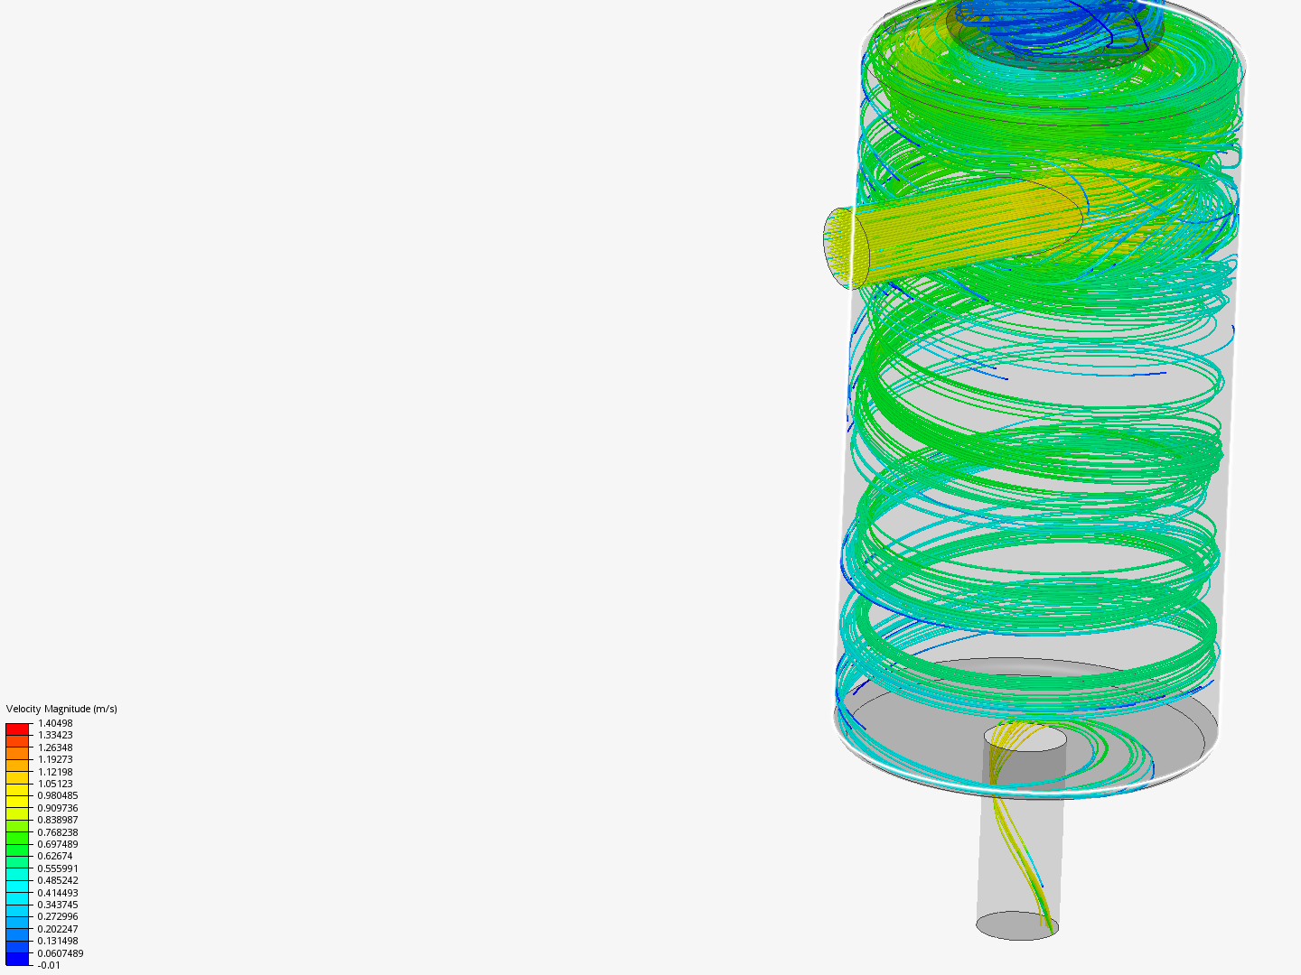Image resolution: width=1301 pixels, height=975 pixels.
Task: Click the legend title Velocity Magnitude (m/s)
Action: click(x=61, y=709)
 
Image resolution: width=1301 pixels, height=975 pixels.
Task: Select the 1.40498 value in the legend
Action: click(x=55, y=723)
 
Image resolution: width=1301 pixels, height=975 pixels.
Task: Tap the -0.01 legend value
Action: click(x=49, y=965)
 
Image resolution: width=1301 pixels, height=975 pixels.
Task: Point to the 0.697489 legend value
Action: click(x=58, y=844)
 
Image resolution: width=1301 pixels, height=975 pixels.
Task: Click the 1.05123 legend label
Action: click(x=55, y=784)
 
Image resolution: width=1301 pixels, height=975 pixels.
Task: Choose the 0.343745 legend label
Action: click(x=58, y=905)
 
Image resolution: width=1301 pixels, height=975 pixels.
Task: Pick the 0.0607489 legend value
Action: click(x=61, y=953)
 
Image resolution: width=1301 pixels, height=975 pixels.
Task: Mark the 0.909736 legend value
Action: click(x=58, y=808)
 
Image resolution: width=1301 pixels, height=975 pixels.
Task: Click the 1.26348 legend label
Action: click(x=55, y=747)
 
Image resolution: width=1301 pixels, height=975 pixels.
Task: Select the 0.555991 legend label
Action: click(x=58, y=868)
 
